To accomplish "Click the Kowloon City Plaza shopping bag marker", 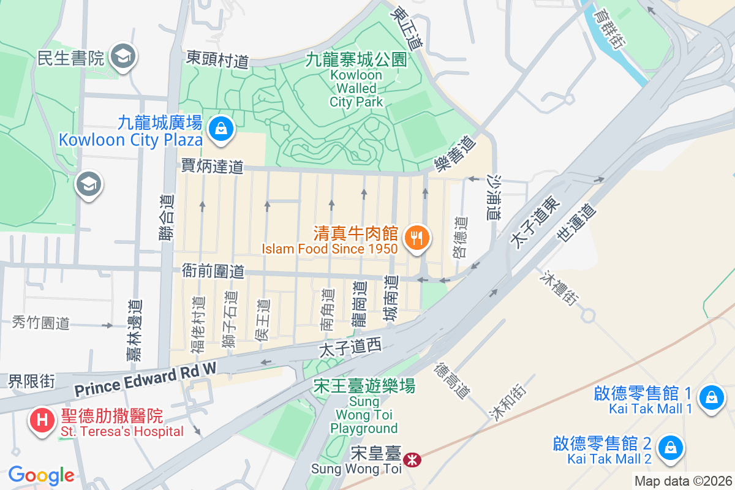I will tap(219, 128).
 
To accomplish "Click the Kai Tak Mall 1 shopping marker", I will tap(711, 396).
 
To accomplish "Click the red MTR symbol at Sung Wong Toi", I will tap(412, 457).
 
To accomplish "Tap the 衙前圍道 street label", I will tap(213, 271).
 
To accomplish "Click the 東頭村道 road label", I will tap(218, 59).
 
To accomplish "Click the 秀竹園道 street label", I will tap(41, 323).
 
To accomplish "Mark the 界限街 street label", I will tap(31, 381).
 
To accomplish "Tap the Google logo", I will tap(41, 475).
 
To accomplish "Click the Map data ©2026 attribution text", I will tap(683, 481).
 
